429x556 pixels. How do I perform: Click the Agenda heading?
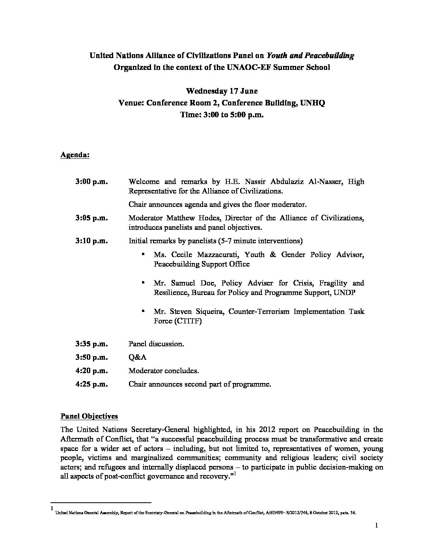point(75,155)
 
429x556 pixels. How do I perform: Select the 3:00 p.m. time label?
point(91,182)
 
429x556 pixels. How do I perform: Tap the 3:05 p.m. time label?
point(91,218)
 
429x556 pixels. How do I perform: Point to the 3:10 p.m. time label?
point(91,241)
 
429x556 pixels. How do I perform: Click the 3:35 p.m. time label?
point(91,344)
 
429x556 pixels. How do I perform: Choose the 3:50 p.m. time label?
point(91,357)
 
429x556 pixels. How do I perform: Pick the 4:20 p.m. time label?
point(91,371)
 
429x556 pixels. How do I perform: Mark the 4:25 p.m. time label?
point(91,384)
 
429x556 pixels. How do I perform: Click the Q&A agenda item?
point(138,357)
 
